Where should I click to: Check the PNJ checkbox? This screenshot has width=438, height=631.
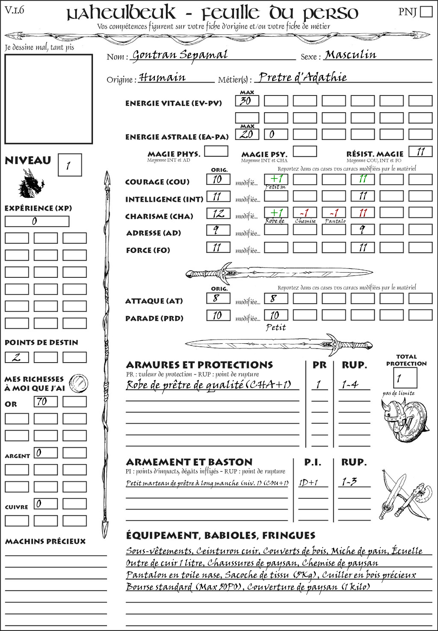coord(426,12)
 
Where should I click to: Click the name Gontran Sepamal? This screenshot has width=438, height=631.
coord(180,55)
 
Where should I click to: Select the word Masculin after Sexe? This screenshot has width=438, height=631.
coord(350,55)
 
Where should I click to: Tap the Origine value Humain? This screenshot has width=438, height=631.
coord(163,77)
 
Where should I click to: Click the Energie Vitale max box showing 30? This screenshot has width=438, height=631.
coord(247,101)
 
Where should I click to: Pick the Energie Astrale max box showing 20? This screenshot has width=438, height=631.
coord(247,134)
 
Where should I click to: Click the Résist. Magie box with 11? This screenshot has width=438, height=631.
coord(420,152)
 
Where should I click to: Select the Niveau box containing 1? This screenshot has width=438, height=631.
coord(69,165)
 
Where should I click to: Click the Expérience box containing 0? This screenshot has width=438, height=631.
coord(37,221)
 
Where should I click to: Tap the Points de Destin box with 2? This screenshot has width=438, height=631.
coord(17,357)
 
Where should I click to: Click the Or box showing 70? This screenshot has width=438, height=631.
coord(45,402)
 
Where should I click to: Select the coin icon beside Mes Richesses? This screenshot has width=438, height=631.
coord(79,383)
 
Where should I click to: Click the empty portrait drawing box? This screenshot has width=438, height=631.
coord(48,99)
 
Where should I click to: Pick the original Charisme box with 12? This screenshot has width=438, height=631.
coord(218,213)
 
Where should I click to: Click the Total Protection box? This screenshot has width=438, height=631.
coord(405,378)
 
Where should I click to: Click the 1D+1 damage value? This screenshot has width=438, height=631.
coord(308,482)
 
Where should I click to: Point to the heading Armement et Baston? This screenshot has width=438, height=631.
coord(189,462)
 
